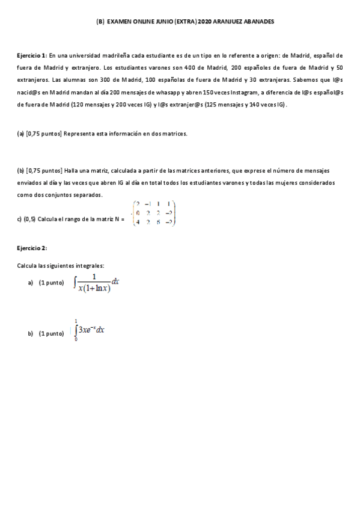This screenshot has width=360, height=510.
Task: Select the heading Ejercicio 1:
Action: point(32,55)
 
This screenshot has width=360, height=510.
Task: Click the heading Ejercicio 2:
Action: point(32,248)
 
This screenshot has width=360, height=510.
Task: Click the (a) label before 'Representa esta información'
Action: point(20,134)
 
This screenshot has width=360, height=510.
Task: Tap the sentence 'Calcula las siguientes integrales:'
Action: point(60,265)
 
